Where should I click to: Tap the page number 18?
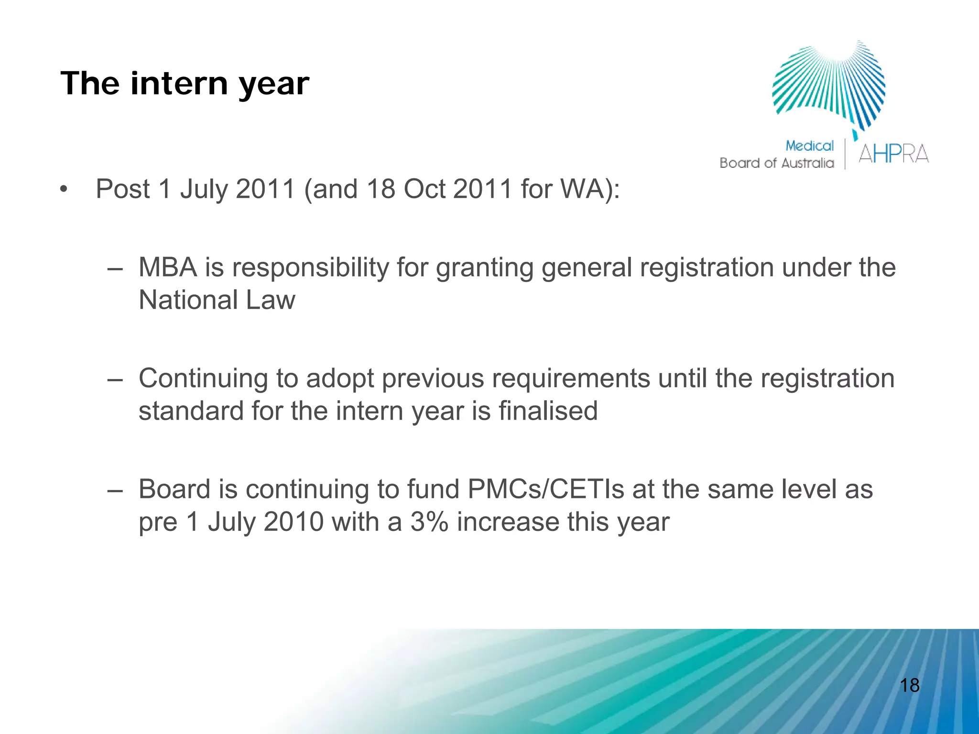(x=909, y=685)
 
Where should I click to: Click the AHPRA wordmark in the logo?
(x=893, y=154)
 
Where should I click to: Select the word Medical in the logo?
(x=809, y=146)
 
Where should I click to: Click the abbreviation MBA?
(x=168, y=267)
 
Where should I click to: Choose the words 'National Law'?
(x=217, y=300)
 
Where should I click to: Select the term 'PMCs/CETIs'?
(x=545, y=489)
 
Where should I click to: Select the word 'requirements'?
(x=571, y=378)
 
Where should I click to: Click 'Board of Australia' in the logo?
(x=776, y=163)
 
